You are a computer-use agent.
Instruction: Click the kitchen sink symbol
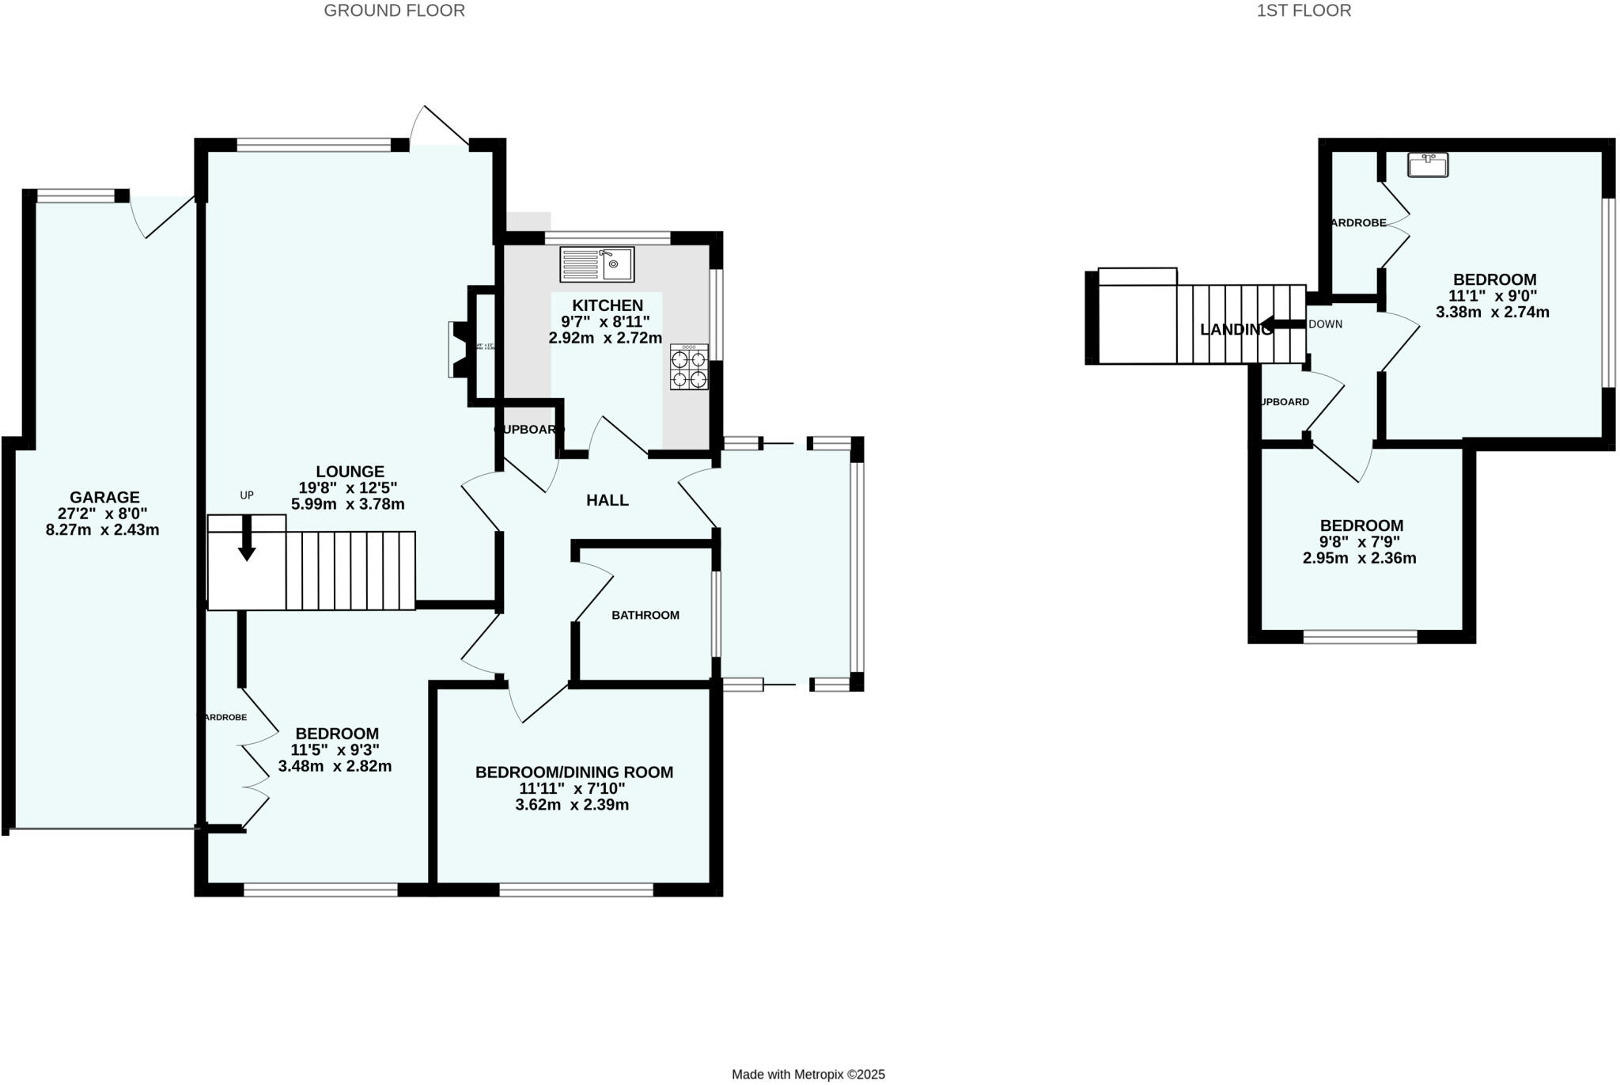[597, 264]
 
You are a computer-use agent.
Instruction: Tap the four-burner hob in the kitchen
[688, 367]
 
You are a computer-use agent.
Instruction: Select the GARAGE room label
[104, 497]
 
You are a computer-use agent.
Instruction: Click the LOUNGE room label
[350, 472]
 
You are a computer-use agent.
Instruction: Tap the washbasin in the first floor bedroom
[1428, 165]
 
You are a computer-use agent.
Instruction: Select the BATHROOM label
[645, 615]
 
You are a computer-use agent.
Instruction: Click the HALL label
[607, 500]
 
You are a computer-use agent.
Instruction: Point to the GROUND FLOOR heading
[394, 10]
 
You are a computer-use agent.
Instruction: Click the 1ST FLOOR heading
[1304, 10]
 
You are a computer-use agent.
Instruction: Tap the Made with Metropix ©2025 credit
[808, 1074]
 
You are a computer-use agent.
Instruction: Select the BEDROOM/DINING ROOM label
[573, 772]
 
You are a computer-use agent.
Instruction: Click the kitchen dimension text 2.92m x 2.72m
[605, 338]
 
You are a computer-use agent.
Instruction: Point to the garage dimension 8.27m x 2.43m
[103, 529]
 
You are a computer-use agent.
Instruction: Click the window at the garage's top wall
[76, 195]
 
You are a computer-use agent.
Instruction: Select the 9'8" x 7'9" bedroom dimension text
[1360, 542]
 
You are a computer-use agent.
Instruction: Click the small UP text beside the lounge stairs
[247, 495]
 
